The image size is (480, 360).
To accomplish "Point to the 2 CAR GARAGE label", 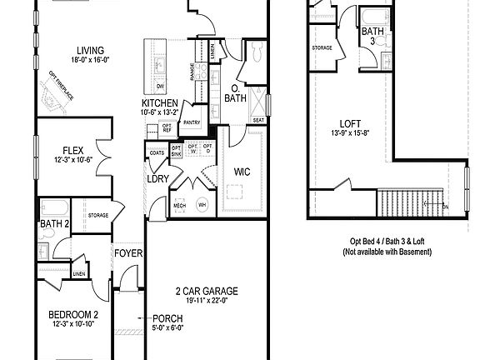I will point(207,291).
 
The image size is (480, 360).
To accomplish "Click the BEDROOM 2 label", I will point(73,314).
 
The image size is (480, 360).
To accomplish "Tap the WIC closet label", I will point(242,172).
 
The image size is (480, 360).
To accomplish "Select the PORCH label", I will point(167,318).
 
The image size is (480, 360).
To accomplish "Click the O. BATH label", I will point(236,93).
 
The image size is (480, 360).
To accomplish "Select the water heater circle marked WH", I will point(202,203).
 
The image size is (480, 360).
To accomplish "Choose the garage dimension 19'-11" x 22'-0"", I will point(207,301).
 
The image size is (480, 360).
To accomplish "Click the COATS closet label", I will point(157,153).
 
